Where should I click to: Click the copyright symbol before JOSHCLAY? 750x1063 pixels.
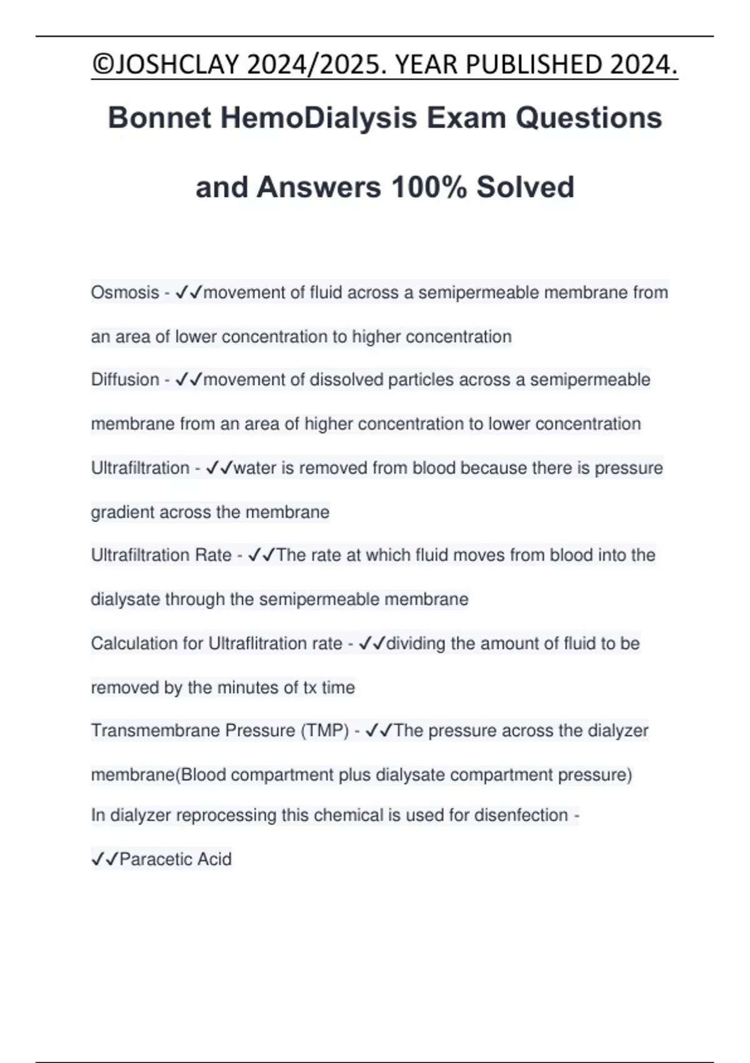pos(101,64)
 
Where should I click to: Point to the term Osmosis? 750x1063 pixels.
pos(125,292)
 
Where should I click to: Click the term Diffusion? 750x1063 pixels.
pos(125,380)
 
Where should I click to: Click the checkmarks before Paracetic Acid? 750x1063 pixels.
pos(104,859)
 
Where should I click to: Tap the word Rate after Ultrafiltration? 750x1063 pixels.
pos(213,555)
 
